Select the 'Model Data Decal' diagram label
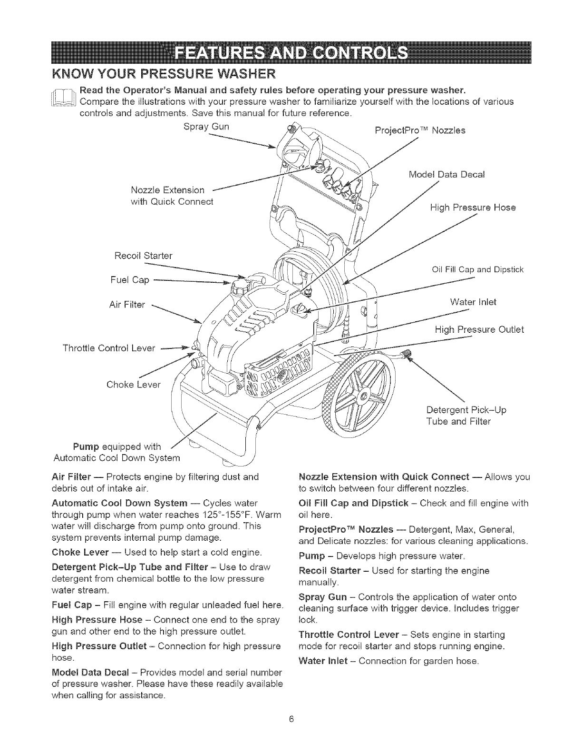446,174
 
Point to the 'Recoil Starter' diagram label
143,256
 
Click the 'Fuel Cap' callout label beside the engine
134,280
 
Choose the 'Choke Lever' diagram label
134,384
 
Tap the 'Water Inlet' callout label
473,302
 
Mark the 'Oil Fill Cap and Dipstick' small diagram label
477,270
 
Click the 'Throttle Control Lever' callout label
109,348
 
